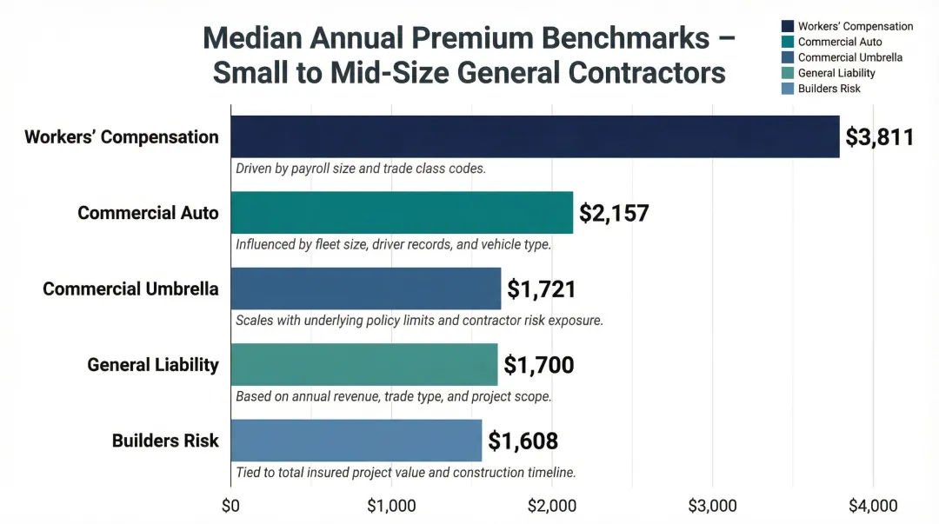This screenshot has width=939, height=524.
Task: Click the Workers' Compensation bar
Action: (x=535, y=136)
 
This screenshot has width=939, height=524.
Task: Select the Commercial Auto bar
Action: (x=402, y=213)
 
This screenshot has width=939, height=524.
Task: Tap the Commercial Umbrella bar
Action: (x=365, y=289)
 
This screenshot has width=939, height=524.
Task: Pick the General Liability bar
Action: (x=363, y=364)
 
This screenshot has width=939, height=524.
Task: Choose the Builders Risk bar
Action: (x=356, y=441)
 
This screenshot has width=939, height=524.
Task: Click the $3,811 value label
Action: (x=879, y=137)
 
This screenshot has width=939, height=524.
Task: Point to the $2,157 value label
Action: (x=614, y=213)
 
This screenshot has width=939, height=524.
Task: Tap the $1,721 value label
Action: (x=542, y=289)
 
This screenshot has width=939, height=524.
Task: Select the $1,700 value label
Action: (x=539, y=365)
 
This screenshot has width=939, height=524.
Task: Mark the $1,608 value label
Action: (x=523, y=441)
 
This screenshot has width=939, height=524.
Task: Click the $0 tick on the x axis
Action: (x=230, y=506)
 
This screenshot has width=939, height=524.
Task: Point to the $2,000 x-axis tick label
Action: (x=551, y=506)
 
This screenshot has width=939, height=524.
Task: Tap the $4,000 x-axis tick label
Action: (x=873, y=506)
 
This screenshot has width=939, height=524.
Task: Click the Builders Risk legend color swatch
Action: (x=788, y=89)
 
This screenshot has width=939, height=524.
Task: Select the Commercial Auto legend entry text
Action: (x=840, y=42)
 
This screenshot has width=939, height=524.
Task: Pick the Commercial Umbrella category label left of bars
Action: (x=130, y=289)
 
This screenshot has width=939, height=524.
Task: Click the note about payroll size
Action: (x=360, y=169)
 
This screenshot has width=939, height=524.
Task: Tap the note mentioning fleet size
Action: (x=393, y=244)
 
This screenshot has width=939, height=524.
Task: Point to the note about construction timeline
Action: (x=406, y=473)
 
